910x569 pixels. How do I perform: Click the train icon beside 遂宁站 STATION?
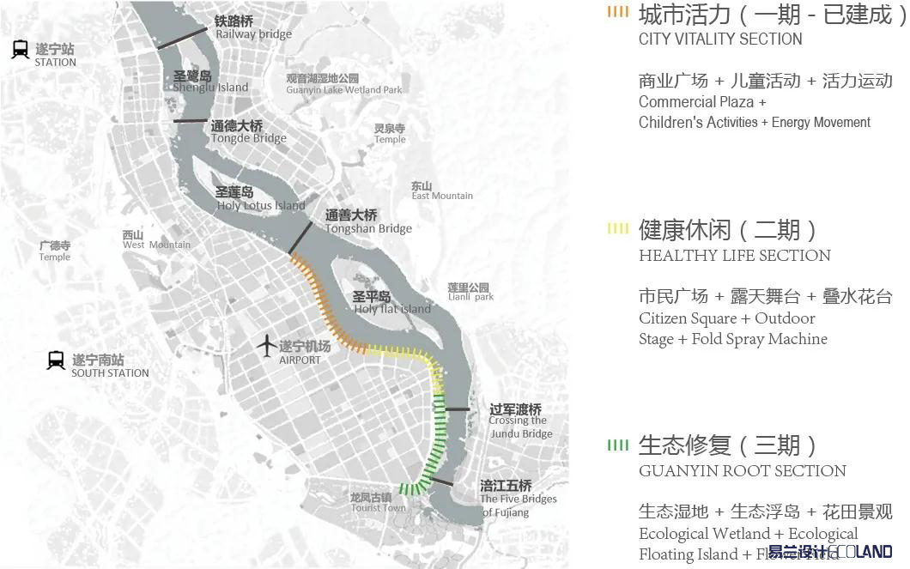click(21, 50)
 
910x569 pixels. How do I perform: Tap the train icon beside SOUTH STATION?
click(57, 360)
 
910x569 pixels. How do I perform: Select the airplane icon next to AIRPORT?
click(267, 348)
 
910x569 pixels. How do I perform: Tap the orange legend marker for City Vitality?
click(617, 13)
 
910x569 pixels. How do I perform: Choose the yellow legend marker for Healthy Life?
click(617, 228)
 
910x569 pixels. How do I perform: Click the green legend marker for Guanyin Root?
click(617, 445)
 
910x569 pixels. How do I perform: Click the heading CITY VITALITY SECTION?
click(720, 39)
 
